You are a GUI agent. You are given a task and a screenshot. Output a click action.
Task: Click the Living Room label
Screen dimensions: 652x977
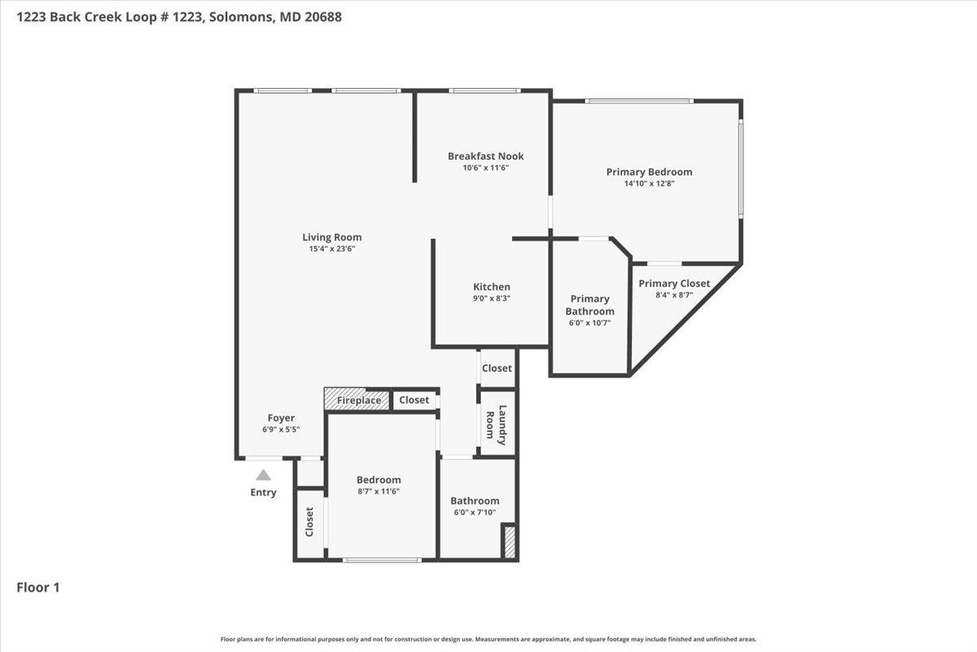pos(331,237)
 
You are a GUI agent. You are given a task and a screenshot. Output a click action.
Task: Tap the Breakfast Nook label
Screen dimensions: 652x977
pos(485,156)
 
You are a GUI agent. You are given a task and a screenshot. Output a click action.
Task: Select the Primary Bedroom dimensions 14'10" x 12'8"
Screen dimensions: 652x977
pos(649,183)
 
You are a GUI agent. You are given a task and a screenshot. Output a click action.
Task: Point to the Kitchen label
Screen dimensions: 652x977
pos(492,287)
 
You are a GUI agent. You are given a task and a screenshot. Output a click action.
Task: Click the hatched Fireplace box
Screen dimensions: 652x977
pos(357,400)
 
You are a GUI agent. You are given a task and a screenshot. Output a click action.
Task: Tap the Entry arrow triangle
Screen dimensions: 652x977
pos(263,475)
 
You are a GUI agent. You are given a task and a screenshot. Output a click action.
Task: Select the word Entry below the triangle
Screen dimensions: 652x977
pos(263,492)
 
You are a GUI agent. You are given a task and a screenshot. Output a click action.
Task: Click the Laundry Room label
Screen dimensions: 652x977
pos(497,425)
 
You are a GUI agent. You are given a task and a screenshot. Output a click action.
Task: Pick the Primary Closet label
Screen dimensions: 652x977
pos(674,284)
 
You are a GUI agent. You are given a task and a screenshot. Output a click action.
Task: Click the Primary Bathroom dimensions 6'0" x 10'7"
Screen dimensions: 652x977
pos(589,323)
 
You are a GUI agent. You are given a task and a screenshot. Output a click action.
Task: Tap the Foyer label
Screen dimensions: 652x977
pos(281,418)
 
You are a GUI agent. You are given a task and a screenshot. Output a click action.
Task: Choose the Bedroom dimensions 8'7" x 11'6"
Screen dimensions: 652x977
pos(379,491)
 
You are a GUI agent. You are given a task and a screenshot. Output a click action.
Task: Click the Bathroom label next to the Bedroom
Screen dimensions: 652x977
pos(475,500)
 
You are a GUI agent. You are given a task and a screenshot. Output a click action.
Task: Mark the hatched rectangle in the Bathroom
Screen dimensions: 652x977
pos(510,543)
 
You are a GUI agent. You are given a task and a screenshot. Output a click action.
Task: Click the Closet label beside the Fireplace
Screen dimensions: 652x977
pos(414,400)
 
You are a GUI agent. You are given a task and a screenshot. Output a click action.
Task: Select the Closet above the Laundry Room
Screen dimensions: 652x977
pos(497,368)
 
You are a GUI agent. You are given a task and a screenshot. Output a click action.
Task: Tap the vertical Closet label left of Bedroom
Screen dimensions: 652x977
pos(309,522)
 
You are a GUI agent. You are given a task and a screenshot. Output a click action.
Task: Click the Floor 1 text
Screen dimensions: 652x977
pos(38,587)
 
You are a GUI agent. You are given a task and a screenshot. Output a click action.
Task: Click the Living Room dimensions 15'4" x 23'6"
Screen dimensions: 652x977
pos(331,249)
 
